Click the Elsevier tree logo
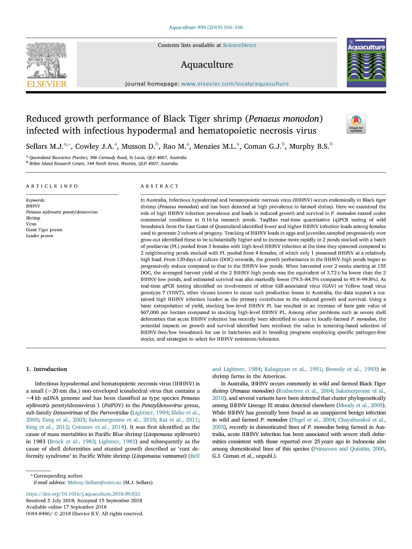[46, 59]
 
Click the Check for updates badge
[356, 124]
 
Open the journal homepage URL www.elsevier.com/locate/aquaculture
[235, 84]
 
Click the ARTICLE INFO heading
[52, 186]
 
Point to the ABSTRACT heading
[159, 186]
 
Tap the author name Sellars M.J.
[44, 146]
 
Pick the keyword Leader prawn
[39, 236]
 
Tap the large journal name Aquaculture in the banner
[207, 65]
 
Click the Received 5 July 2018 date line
[84, 501]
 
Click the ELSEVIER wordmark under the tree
[47, 83]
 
